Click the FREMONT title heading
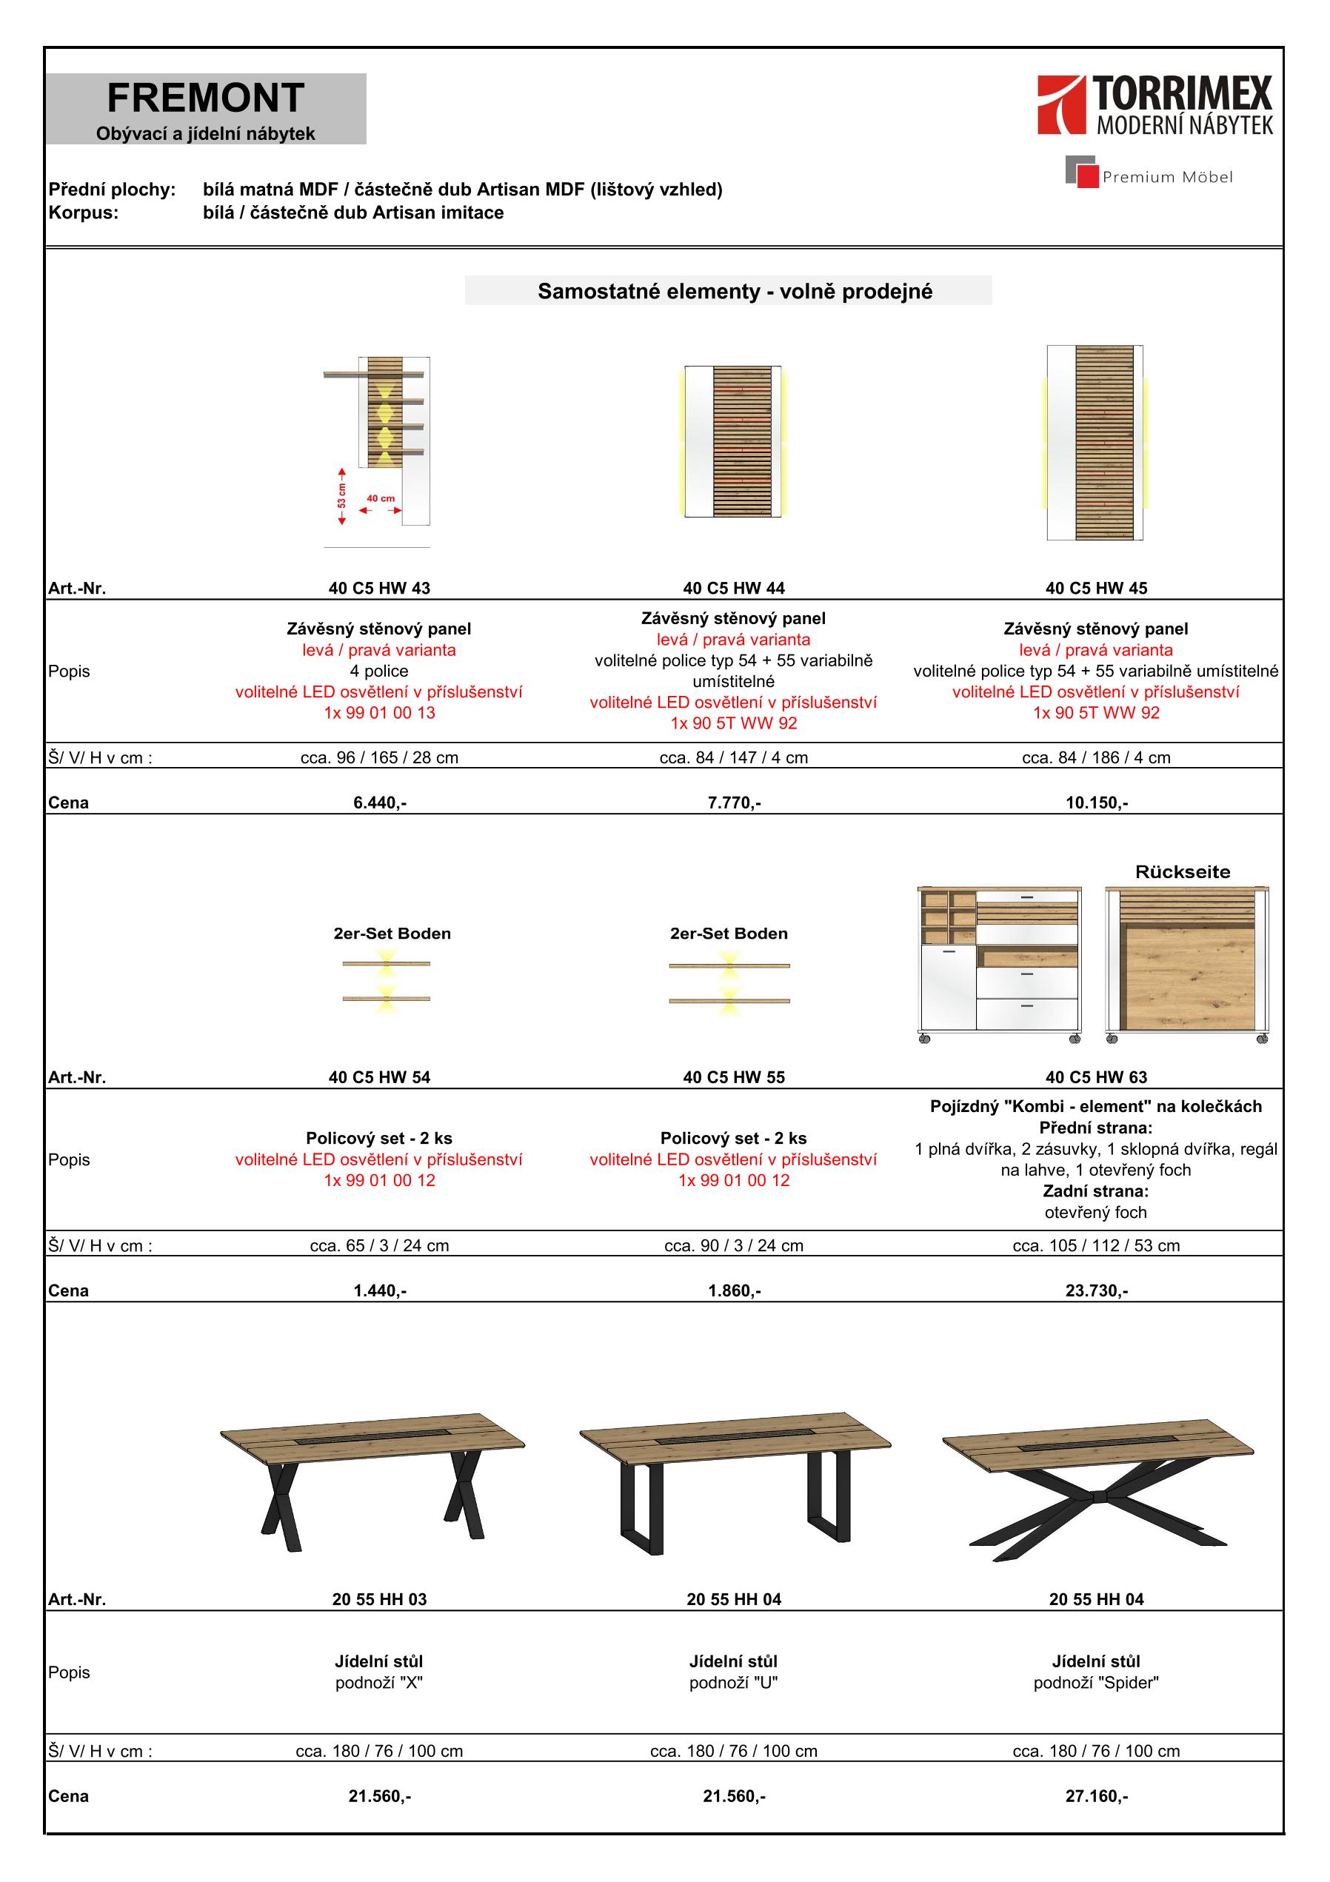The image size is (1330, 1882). click(205, 98)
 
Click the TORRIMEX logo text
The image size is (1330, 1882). click(1183, 94)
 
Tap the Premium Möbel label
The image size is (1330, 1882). click(1167, 177)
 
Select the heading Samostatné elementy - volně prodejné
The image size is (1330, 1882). click(735, 292)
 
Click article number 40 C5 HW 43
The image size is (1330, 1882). click(379, 588)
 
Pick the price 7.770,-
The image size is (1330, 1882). click(734, 803)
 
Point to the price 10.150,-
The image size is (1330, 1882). click(1096, 803)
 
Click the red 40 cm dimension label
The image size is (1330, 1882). click(381, 498)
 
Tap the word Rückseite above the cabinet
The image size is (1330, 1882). click(1183, 872)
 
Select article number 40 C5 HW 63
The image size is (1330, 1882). click(1096, 1077)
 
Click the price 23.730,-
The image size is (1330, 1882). click(1096, 1291)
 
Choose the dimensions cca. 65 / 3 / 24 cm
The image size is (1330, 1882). click(379, 1246)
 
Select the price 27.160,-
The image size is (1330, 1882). click(1096, 1797)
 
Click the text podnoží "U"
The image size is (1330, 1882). click(734, 1683)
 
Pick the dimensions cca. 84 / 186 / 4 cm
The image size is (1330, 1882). click(1096, 757)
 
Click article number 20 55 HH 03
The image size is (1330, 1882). click(379, 1599)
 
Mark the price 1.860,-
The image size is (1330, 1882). click(734, 1291)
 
